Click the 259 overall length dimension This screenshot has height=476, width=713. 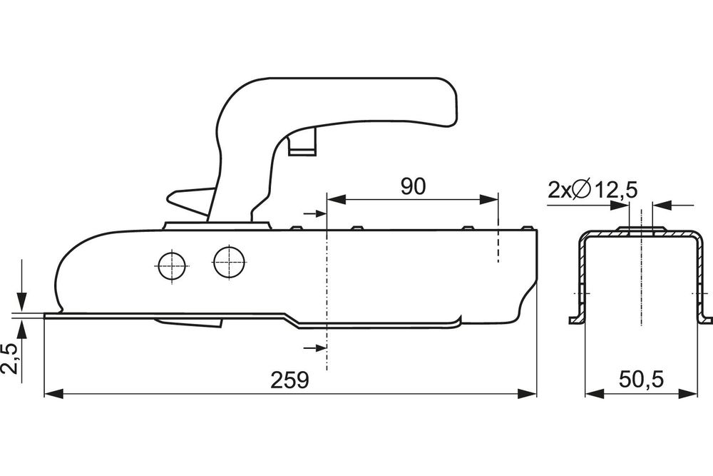[289, 380]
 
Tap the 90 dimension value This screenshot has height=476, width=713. [414, 186]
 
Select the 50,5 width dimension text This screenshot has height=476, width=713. [641, 379]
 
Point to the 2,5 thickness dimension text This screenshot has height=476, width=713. [11, 358]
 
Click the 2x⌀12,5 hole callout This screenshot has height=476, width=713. [593, 190]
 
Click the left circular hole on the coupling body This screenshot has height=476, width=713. [172, 265]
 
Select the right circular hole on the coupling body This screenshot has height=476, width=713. [229, 262]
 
